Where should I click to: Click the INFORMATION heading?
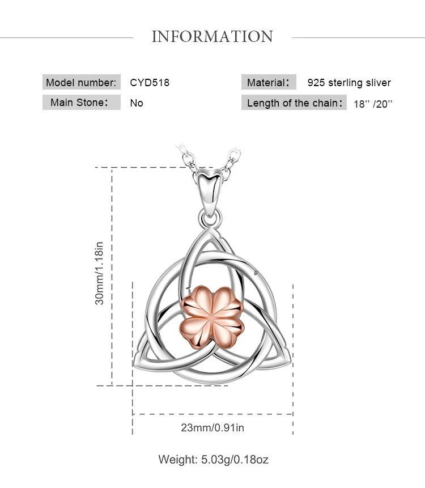pyautogui.click(x=212, y=37)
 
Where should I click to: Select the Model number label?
pyautogui.click(x=82, y=82)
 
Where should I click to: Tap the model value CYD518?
pyautogui.click(x=150, y=82)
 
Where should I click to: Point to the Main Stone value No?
pyautogui.click(x=137, y=103)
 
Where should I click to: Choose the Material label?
pyautogui.click(x=269, y=83)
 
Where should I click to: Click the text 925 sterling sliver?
pyautogui.click(x=349, y=83)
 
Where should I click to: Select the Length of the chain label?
pyautogui.click(x=294, y=103)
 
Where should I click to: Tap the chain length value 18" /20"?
pyautogui.click(x=373, y=104)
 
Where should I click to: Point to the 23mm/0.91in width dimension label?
pyautogui.click(x=212, y=427)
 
